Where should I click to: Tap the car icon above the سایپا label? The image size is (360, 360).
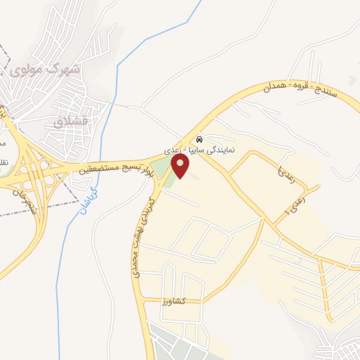pos(200,139)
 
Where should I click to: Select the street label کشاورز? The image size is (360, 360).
pos(172,301)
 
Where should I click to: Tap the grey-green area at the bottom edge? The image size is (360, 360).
pos(183,341)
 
